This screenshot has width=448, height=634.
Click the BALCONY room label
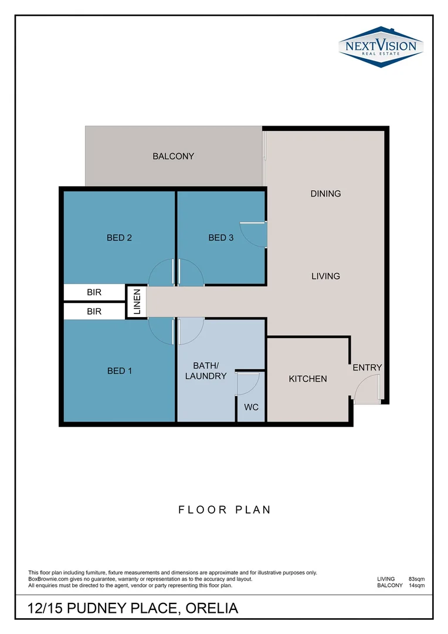[x=173, y=156]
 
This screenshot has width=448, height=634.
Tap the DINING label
[x=325, y=194]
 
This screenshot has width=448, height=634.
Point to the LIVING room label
[x=325, y=276]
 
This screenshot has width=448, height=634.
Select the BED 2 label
[x=119, y=238]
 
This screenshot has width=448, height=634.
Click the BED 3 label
[x=220, y=238]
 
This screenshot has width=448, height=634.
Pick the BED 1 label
[x=119, y=371]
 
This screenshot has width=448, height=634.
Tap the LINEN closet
[x=137, y=302]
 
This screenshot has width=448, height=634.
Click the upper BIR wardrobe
[x=94, y=292]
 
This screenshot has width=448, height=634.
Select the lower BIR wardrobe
[x=94, y=312]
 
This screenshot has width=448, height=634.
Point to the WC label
[x=252, y=407]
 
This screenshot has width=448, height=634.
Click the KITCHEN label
[x=308, y=379]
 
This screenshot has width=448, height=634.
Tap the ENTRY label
[x=367, y=367]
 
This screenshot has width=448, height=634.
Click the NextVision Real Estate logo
[x=381, y=46]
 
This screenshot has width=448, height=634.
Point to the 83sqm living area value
[x=416, y=579]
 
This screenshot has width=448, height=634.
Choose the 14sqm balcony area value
[x=416, y=585]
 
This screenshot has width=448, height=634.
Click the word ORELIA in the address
[x=212, y=609]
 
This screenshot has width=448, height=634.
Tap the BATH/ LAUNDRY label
[x=206, y=371]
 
